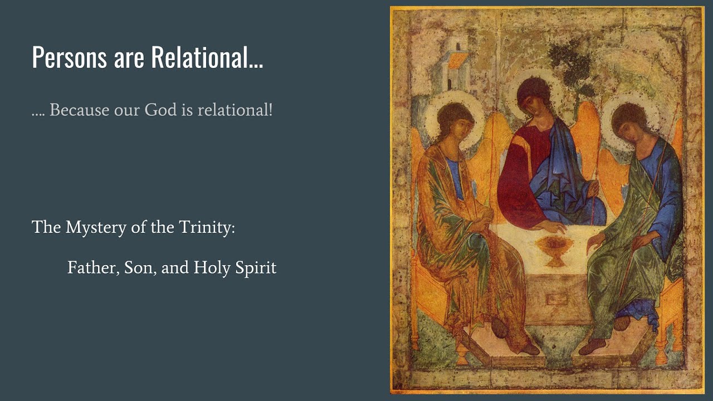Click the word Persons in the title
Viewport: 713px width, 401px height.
coord(70,57)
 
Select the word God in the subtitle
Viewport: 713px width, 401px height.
coord(160,110)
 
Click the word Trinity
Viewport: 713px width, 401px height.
coord(207,228)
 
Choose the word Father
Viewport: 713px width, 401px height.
coord(92,268)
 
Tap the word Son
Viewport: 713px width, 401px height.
coord(139,268)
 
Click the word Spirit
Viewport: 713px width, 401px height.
coord(256,268)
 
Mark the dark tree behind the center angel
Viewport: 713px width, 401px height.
coord(570,63)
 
